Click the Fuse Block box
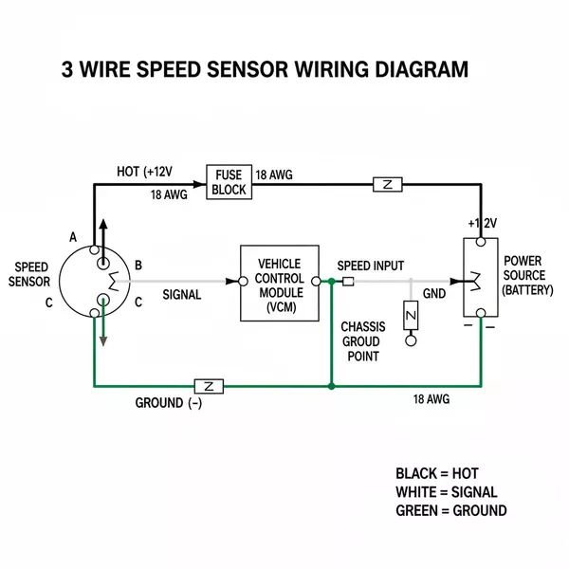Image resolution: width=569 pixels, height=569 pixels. pyautogui.click(x=229, y=182)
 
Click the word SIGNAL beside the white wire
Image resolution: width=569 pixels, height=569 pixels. pyautogui.click(x=182, y=295)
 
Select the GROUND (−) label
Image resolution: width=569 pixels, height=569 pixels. pyautogui.click(x=169, y=403)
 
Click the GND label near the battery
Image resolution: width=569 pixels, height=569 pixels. pyautogui.click(x=433, y=294)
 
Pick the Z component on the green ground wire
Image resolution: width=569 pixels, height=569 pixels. pyautogui.click(x=208, y=386)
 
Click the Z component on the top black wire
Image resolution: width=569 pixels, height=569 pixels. pyautogui.click(x=388, y=183)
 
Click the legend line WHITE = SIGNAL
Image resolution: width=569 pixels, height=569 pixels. pyautogui.click(x=446, y=492)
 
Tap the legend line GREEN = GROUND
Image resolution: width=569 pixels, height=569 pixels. pyautogui.click(x=450, y=511)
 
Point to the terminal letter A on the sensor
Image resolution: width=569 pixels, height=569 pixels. pyautogui.click(x=73, y=236)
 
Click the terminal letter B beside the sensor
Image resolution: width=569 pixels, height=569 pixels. pyautogui.click(x=138, y=265)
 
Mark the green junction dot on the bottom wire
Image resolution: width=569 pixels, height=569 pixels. pyautogui.click(x=330, y=386)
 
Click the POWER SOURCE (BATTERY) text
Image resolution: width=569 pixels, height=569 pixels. pyautogui.click(x=527, y=275)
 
